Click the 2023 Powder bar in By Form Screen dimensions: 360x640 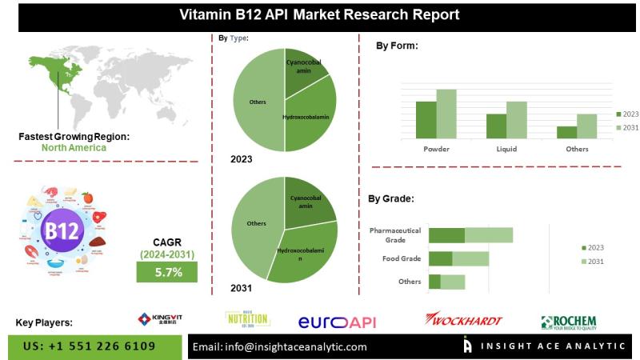tap(426, 119)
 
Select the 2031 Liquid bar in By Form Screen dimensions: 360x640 tap(517, 119)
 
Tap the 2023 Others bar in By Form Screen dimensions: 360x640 tap(566, 132)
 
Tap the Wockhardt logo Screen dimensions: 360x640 tap(463, 320)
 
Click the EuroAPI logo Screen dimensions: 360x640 tap(337, 322)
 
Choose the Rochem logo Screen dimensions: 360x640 tap(568, 322)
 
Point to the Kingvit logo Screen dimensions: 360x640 tap(160, 319)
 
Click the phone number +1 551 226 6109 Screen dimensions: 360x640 tap(90, 346)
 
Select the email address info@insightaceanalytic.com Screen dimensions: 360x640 tap(280, 346)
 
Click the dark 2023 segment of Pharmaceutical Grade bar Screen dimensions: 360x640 tap(446, 234)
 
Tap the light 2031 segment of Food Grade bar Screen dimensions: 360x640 tap(470, 258)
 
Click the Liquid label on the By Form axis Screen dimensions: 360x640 tap(506, 149)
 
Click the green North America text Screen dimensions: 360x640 tap(74, 147)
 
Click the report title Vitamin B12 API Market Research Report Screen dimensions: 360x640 tap(319, 14)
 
